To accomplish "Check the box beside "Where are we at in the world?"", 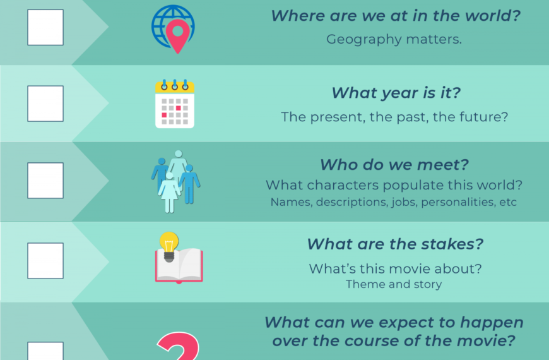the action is point(45,27).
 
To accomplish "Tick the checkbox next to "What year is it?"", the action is point(45,104).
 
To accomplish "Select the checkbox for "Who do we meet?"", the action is point(45,180).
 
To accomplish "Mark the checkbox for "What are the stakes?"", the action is point(45,260).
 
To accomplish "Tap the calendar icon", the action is point(175,104).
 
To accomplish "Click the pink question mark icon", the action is point(179,345).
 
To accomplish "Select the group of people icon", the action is point(176,181).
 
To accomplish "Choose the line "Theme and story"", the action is point(394,284).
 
